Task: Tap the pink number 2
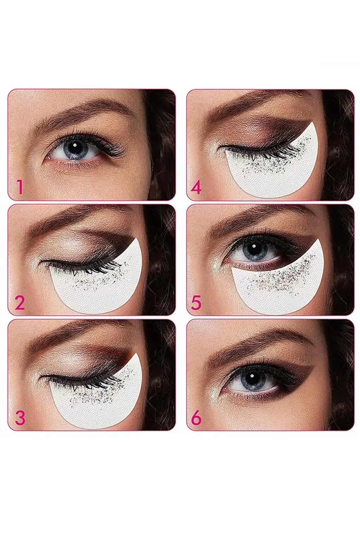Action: pos(20,303)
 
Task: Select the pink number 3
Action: pos(20,418)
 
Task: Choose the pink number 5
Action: pos(196,303)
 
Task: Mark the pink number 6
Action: pos(196,418)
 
